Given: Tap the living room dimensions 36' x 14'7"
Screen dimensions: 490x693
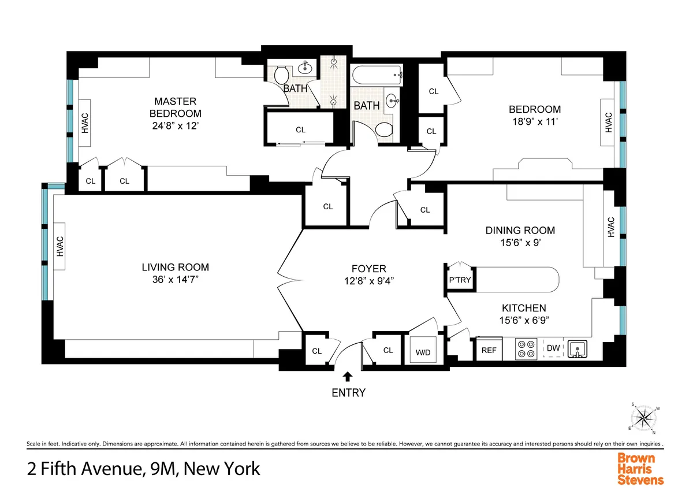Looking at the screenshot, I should tap(175, 279).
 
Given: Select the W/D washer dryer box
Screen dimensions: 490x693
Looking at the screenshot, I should tap(423, 352).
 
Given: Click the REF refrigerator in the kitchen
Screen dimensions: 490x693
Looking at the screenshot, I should tap(489, 350).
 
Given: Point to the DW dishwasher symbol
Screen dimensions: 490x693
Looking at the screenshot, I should tap(553, 348).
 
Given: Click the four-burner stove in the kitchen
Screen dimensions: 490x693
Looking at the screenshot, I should tap(526, 349).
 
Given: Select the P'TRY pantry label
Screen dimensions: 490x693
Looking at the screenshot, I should tap(460, 281).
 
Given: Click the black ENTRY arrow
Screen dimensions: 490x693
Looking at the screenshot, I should tap(348, 377).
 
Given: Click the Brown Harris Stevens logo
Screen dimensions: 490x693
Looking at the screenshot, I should tap(641, 467).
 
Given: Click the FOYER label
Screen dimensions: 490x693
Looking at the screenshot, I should tap(368, 269).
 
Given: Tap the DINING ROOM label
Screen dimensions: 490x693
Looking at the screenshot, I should tap(520, 231).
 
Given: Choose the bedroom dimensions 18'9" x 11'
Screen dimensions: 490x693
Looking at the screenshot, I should tap(534, 122).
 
